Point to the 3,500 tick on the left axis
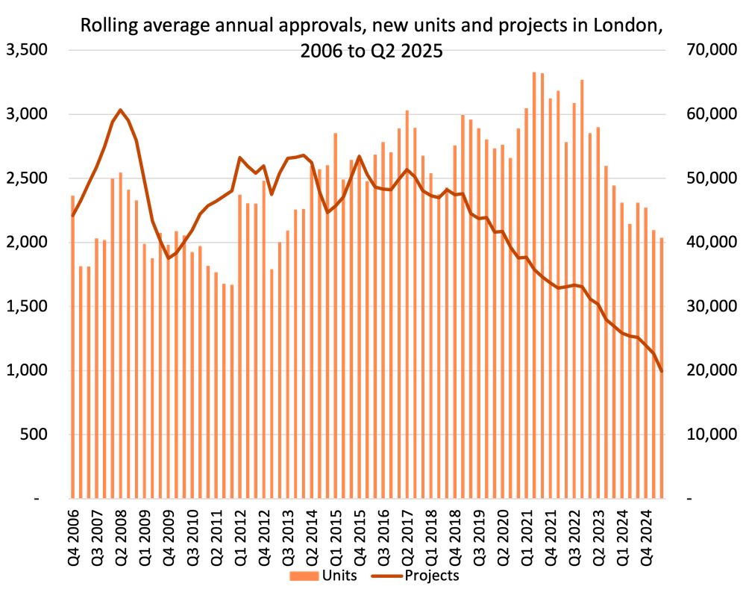point(27,50)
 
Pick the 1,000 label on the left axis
point(27,370)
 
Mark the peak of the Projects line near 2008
point(121,110)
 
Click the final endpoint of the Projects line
point(662,371)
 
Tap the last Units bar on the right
point(662,373)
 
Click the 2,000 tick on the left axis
point(27,243)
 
